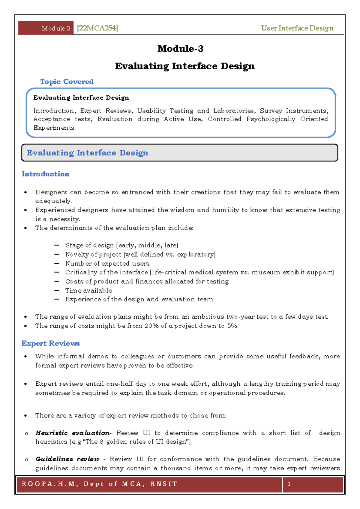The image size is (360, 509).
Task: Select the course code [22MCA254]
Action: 97,28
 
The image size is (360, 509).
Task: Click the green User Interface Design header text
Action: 297,28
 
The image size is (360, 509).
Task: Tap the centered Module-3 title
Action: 180,49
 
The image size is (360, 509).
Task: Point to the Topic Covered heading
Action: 67,82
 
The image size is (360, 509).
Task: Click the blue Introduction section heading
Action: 45,174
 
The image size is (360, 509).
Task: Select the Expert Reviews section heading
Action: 50,343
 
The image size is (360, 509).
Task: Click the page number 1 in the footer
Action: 289,484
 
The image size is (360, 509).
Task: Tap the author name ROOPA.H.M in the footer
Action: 48,484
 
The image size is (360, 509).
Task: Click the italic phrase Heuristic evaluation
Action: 72,433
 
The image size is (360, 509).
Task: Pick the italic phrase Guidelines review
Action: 67,459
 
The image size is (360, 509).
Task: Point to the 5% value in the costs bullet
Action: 232,326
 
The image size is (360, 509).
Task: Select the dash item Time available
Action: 88,291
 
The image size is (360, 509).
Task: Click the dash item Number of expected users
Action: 107,264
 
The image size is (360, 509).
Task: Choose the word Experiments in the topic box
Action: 54,128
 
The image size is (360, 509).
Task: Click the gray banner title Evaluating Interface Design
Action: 87,153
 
